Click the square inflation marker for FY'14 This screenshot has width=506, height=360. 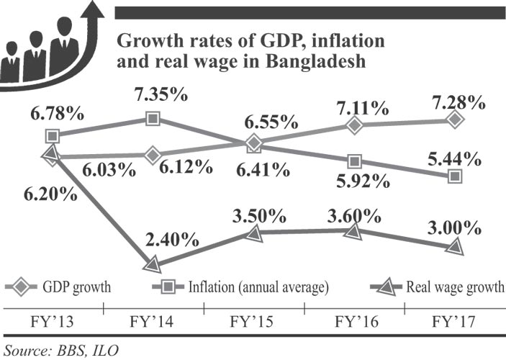[153, 118]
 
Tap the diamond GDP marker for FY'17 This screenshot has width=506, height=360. [454, 120]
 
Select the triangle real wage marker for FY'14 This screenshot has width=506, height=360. [153, 264]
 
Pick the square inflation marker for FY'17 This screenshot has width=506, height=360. [454, 176]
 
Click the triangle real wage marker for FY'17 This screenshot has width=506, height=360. [454, 246]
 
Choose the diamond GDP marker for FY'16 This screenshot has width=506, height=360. [353, 125]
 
